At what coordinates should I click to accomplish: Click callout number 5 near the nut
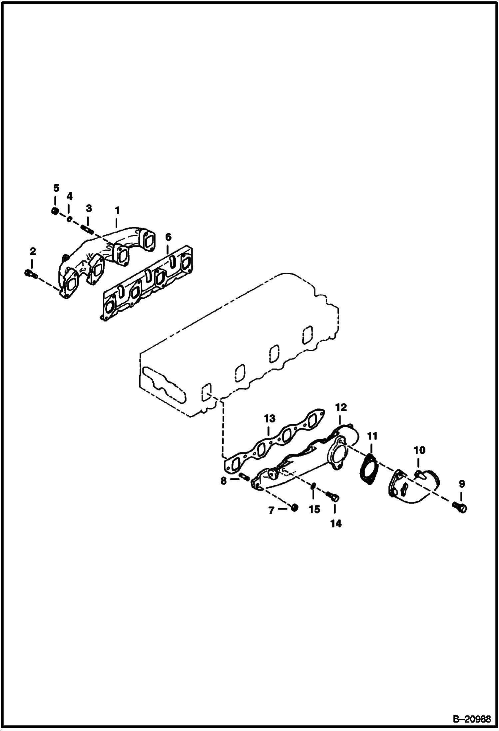point(56,188)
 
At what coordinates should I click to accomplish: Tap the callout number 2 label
point(33,252)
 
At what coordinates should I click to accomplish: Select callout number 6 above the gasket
point(168,237)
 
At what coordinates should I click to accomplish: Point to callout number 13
point(269,418)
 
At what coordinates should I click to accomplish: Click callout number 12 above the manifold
point(341,407)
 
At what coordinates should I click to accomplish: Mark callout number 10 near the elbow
point(419,450)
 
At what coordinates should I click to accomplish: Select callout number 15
point(314,509)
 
